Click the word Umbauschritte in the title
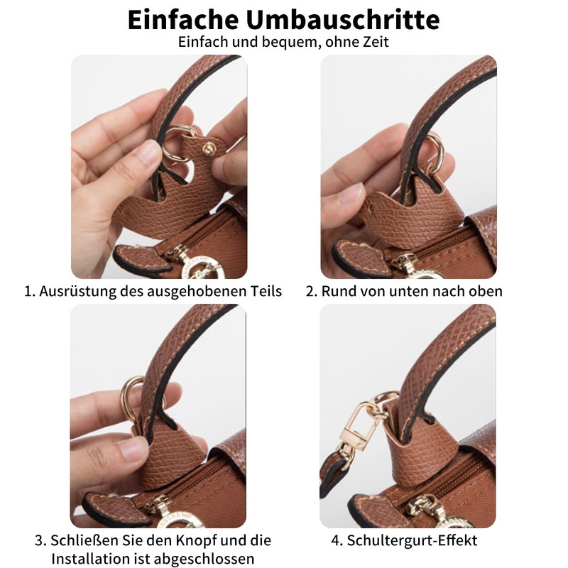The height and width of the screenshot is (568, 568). [x=343, y=20]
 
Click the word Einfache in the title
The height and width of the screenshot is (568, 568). [x=183, y=20]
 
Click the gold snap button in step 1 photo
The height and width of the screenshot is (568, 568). [x=209, y=149]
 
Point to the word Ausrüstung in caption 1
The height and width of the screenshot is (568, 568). [x=77, y=291]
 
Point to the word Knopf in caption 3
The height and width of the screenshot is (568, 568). [x=197, y=540]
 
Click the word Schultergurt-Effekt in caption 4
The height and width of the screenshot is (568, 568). [x=412, y=540]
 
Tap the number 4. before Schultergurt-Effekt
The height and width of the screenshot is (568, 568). [x=337, y=540]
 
